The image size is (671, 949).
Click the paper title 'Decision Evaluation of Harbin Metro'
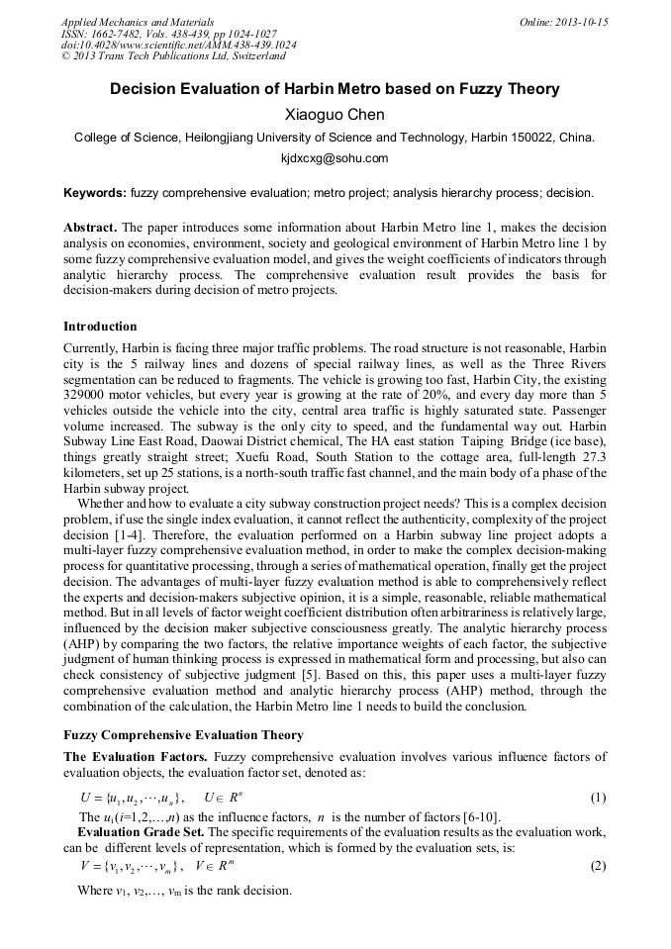coord(335,89)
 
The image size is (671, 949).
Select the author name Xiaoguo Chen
coord(335,114)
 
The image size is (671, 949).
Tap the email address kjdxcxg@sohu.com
coord(335,158)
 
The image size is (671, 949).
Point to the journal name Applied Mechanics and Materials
coord(138,22)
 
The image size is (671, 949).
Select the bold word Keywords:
coord(95,192)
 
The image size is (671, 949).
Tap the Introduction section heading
coord(100,327)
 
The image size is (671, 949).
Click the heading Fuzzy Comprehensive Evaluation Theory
coord(183,735)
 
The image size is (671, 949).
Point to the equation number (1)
coord(598,798)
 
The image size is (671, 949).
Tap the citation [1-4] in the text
coord(126,535)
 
